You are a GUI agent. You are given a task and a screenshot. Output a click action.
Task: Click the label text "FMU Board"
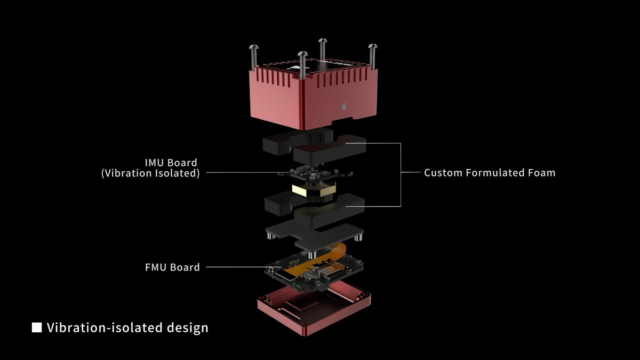coord(172,267)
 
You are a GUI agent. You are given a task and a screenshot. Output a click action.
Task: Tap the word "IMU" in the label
coord(154,163)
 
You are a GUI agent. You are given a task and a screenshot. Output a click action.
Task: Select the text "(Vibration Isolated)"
coord(150,173)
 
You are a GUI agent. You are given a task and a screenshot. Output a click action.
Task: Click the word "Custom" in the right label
coord(443,173)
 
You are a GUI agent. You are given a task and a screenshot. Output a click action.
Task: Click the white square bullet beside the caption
coord(37,327)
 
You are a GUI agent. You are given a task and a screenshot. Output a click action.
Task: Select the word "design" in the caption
coord(188,327)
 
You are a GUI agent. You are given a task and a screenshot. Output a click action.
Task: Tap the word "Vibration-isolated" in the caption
coord(105,327)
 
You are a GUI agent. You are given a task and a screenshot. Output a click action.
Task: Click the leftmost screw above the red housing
coord(254,57)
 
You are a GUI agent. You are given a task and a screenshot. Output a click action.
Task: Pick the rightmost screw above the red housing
coord(372,57)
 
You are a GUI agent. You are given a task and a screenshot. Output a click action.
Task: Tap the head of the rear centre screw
coord(323,41)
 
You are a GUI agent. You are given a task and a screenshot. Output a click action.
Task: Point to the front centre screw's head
coord(302,54)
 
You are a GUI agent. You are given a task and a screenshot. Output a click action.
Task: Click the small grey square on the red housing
coord(345,106)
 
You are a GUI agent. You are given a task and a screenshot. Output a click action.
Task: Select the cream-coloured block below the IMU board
coord(314,190)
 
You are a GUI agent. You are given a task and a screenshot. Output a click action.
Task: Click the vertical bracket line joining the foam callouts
coord(401,174)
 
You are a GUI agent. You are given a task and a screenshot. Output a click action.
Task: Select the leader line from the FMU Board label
coord(244,267)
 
